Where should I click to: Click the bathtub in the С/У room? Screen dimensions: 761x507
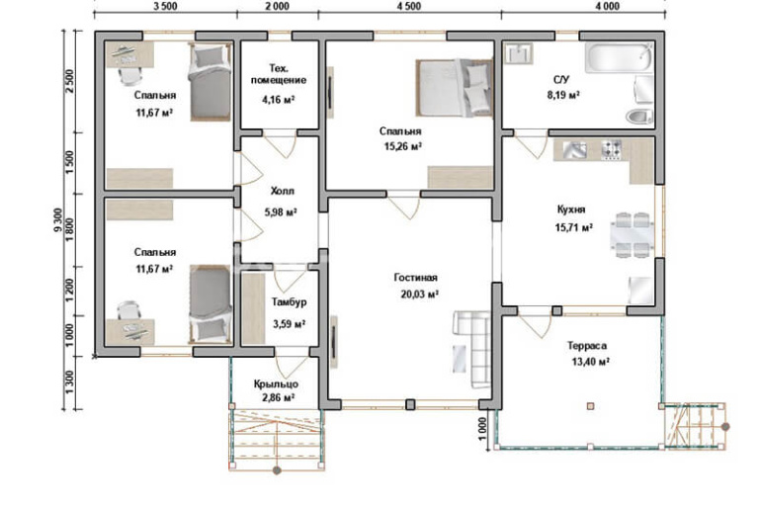(x=619, y=58)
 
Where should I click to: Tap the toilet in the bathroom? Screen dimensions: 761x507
(x=638, y=117)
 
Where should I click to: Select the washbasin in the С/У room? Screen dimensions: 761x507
(x=519, y=53)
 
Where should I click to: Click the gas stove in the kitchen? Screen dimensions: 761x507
(x=612, y=150)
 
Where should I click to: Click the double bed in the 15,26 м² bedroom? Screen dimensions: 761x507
(x=455, y=88)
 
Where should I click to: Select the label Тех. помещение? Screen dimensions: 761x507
(x=279, y=74)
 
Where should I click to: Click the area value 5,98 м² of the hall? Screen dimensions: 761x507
(x=281, y=212)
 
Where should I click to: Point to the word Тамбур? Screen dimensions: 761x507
(x=289, y=302)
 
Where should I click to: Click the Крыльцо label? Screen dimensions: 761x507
(x=276, y=383)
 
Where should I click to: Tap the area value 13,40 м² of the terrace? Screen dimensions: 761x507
(x=590, y=362)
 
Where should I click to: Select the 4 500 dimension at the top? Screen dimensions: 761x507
(x=408, y=6)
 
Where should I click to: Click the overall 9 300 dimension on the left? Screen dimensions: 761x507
(x=58, y=219)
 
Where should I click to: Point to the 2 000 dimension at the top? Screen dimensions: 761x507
(x=277, y=6)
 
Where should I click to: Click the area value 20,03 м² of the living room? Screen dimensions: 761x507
(x=420, y=294)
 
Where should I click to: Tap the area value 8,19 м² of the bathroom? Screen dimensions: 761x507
(x=563, y=95)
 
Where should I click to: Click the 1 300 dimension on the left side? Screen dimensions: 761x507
(x=69, y=382)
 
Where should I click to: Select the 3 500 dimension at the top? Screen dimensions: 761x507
(x=165, y=6)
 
